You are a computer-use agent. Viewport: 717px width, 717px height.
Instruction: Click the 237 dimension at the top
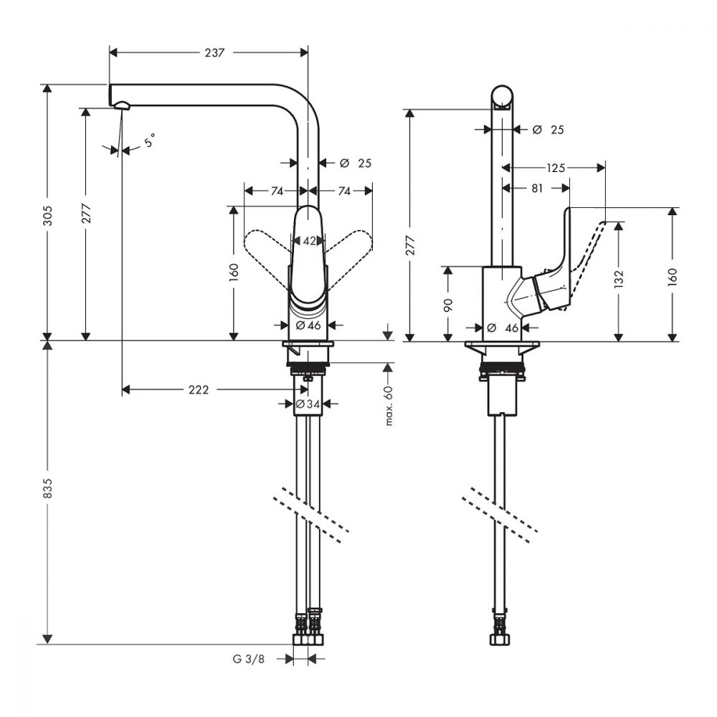214,53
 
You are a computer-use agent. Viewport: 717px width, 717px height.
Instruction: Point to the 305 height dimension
48,216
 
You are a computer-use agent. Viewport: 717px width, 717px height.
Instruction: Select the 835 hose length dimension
48,488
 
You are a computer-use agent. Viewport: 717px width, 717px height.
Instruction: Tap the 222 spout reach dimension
199,390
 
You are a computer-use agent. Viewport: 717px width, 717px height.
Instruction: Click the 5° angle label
150,140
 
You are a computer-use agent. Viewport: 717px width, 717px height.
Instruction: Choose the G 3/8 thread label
249,659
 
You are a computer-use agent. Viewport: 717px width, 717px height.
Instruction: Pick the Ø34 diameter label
308,404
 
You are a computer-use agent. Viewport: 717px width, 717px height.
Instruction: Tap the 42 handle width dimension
309,240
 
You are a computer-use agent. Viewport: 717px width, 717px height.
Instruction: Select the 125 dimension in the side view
556,168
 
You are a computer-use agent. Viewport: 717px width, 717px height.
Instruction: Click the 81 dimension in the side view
537,188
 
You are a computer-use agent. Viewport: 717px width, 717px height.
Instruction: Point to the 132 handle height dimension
619,279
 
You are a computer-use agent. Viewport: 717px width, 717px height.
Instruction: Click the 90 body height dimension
448,305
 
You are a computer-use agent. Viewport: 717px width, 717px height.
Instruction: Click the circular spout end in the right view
502,97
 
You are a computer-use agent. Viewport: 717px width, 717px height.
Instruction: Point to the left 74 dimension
277,191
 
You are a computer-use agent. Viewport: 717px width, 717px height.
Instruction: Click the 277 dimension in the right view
410,245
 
